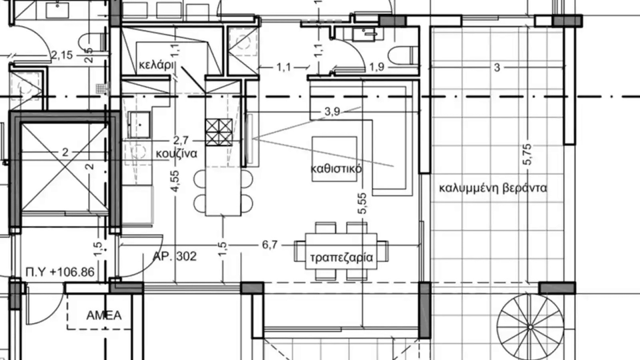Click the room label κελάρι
click(156, 65)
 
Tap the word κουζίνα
click(176, 154)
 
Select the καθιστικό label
click(336, 168)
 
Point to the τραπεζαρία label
click(341, 258)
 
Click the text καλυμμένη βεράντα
click(493, 188)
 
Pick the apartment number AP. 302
click(175, 256)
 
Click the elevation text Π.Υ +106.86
click(60, 272)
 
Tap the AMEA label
click(104, 315)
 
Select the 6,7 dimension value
click(269, 245)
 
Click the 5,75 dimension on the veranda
click(528, 155)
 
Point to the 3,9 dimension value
click(332, 112)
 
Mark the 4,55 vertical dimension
click(175, 181)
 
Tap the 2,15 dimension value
click(62, 55)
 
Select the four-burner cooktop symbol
click(219, 132)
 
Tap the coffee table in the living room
click(334, 159)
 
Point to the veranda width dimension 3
click(497, 68)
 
